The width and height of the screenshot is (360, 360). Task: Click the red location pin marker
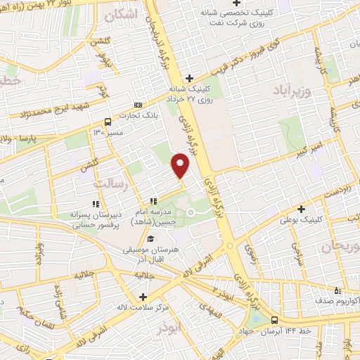click(x=181, y=165)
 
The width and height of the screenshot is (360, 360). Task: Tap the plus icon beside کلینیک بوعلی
click(x=302, y=209)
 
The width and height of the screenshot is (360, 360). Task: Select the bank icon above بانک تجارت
click(x=137, y=104)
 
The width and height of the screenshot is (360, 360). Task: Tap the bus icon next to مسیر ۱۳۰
click(x=107, y=121)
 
